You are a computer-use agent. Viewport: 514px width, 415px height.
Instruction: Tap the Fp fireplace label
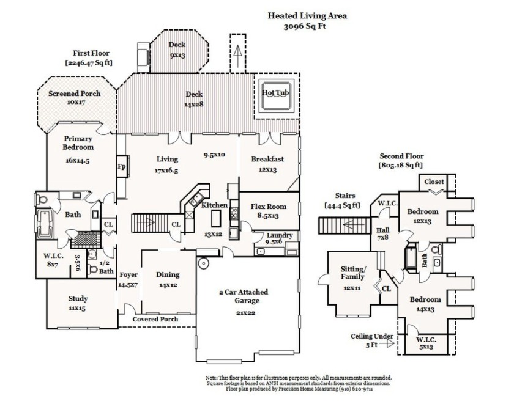(x=121, y=166)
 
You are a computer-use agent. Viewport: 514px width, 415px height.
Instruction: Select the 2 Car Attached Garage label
(x=244, y=296)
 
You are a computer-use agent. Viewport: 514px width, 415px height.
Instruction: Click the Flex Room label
(x=269, y=207)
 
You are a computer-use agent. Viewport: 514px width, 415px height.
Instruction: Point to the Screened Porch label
(x=75, y=94)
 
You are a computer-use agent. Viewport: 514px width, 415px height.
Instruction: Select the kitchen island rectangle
(x=215, y=218)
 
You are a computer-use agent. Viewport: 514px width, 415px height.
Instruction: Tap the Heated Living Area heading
(x=307, y=15)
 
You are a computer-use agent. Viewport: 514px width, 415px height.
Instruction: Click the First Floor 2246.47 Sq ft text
(x=89, y=57)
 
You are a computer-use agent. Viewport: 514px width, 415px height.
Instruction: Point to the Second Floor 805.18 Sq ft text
(x=401, y=161)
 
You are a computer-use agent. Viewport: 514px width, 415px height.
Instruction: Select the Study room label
(x=78, y=298)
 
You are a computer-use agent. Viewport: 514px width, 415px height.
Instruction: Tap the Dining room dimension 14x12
(x=168, y=285)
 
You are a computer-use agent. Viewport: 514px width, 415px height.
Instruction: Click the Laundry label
(x=279, y=235)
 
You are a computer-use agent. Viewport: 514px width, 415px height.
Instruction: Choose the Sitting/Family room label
(x=352, y=273)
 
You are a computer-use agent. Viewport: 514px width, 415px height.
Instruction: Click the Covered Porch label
(x=155, y=319)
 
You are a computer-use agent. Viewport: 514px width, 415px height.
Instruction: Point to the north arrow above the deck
(x=238, y=52)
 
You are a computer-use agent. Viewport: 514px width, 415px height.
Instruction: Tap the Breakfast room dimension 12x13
(x=267, y=170)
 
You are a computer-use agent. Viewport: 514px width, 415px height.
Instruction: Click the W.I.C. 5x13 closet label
(x=426, y=343)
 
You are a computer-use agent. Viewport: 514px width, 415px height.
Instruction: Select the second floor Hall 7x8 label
(x=383, y=233)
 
